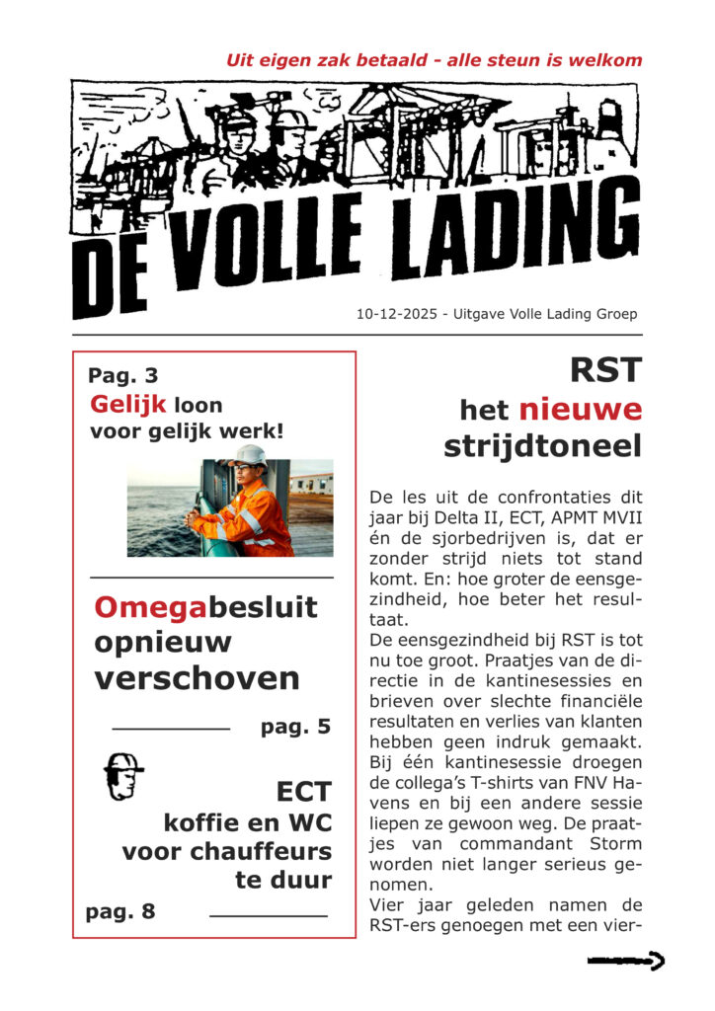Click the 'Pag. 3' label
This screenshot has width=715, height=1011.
pos(122,375)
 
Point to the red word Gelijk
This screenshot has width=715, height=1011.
pos(128,405)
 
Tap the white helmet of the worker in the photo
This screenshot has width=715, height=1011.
pos(248,455)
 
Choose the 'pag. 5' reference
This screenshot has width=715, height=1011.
pos(295,728)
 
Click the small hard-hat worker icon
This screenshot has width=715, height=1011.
pos(122,776)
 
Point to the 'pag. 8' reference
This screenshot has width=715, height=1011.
pos(120,912)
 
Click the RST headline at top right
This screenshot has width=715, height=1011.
pos(605,371)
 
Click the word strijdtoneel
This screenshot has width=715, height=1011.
pos(542,445)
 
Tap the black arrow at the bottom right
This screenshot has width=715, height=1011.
pos(625,959)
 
